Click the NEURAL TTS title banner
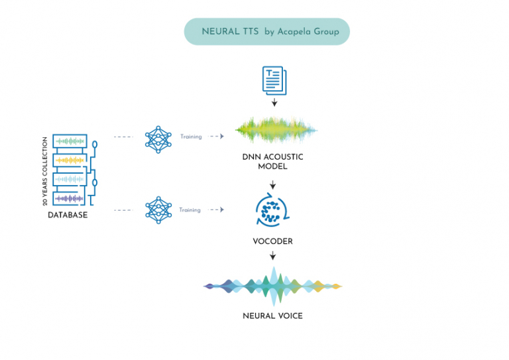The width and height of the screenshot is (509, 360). (266, 31)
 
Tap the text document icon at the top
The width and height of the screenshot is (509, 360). (274, 79)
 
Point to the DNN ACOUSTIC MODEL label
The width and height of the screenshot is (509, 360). (272, 162)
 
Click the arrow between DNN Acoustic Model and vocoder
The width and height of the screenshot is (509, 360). (272, 184)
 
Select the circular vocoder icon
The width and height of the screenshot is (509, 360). (272, 210)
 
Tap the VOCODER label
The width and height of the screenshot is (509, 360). (272, 241)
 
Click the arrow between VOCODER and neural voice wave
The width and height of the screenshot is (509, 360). (272, 255)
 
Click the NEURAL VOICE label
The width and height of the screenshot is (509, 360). (272, 316)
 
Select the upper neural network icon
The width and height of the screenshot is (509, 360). (158, 137)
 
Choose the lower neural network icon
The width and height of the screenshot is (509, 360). (158, 210)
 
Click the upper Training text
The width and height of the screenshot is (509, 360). (190, 137)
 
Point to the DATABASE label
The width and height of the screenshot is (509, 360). (68, 215)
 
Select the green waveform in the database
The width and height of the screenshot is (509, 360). (70, 141)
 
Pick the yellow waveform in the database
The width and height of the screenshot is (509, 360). (70, 160)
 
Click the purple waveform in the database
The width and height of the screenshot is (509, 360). (70, 198)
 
